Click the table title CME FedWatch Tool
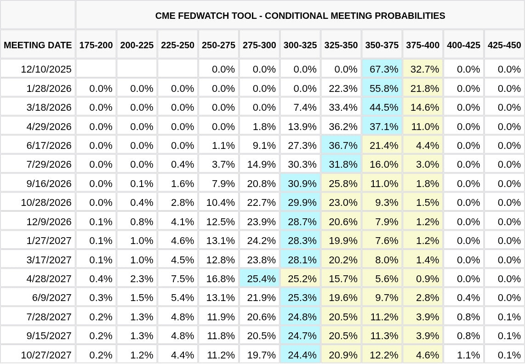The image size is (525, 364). click(300, 16)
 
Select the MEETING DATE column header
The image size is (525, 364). click(38, 45)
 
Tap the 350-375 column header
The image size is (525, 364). click(382, 45)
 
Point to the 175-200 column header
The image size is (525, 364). click(96, 45)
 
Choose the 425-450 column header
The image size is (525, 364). click(504, 45)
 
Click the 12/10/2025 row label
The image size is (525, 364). click(46, 69)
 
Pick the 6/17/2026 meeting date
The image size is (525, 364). click(49, 146)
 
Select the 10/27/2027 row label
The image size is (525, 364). click(46, 355)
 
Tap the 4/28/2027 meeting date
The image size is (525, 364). click(49, 279)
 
